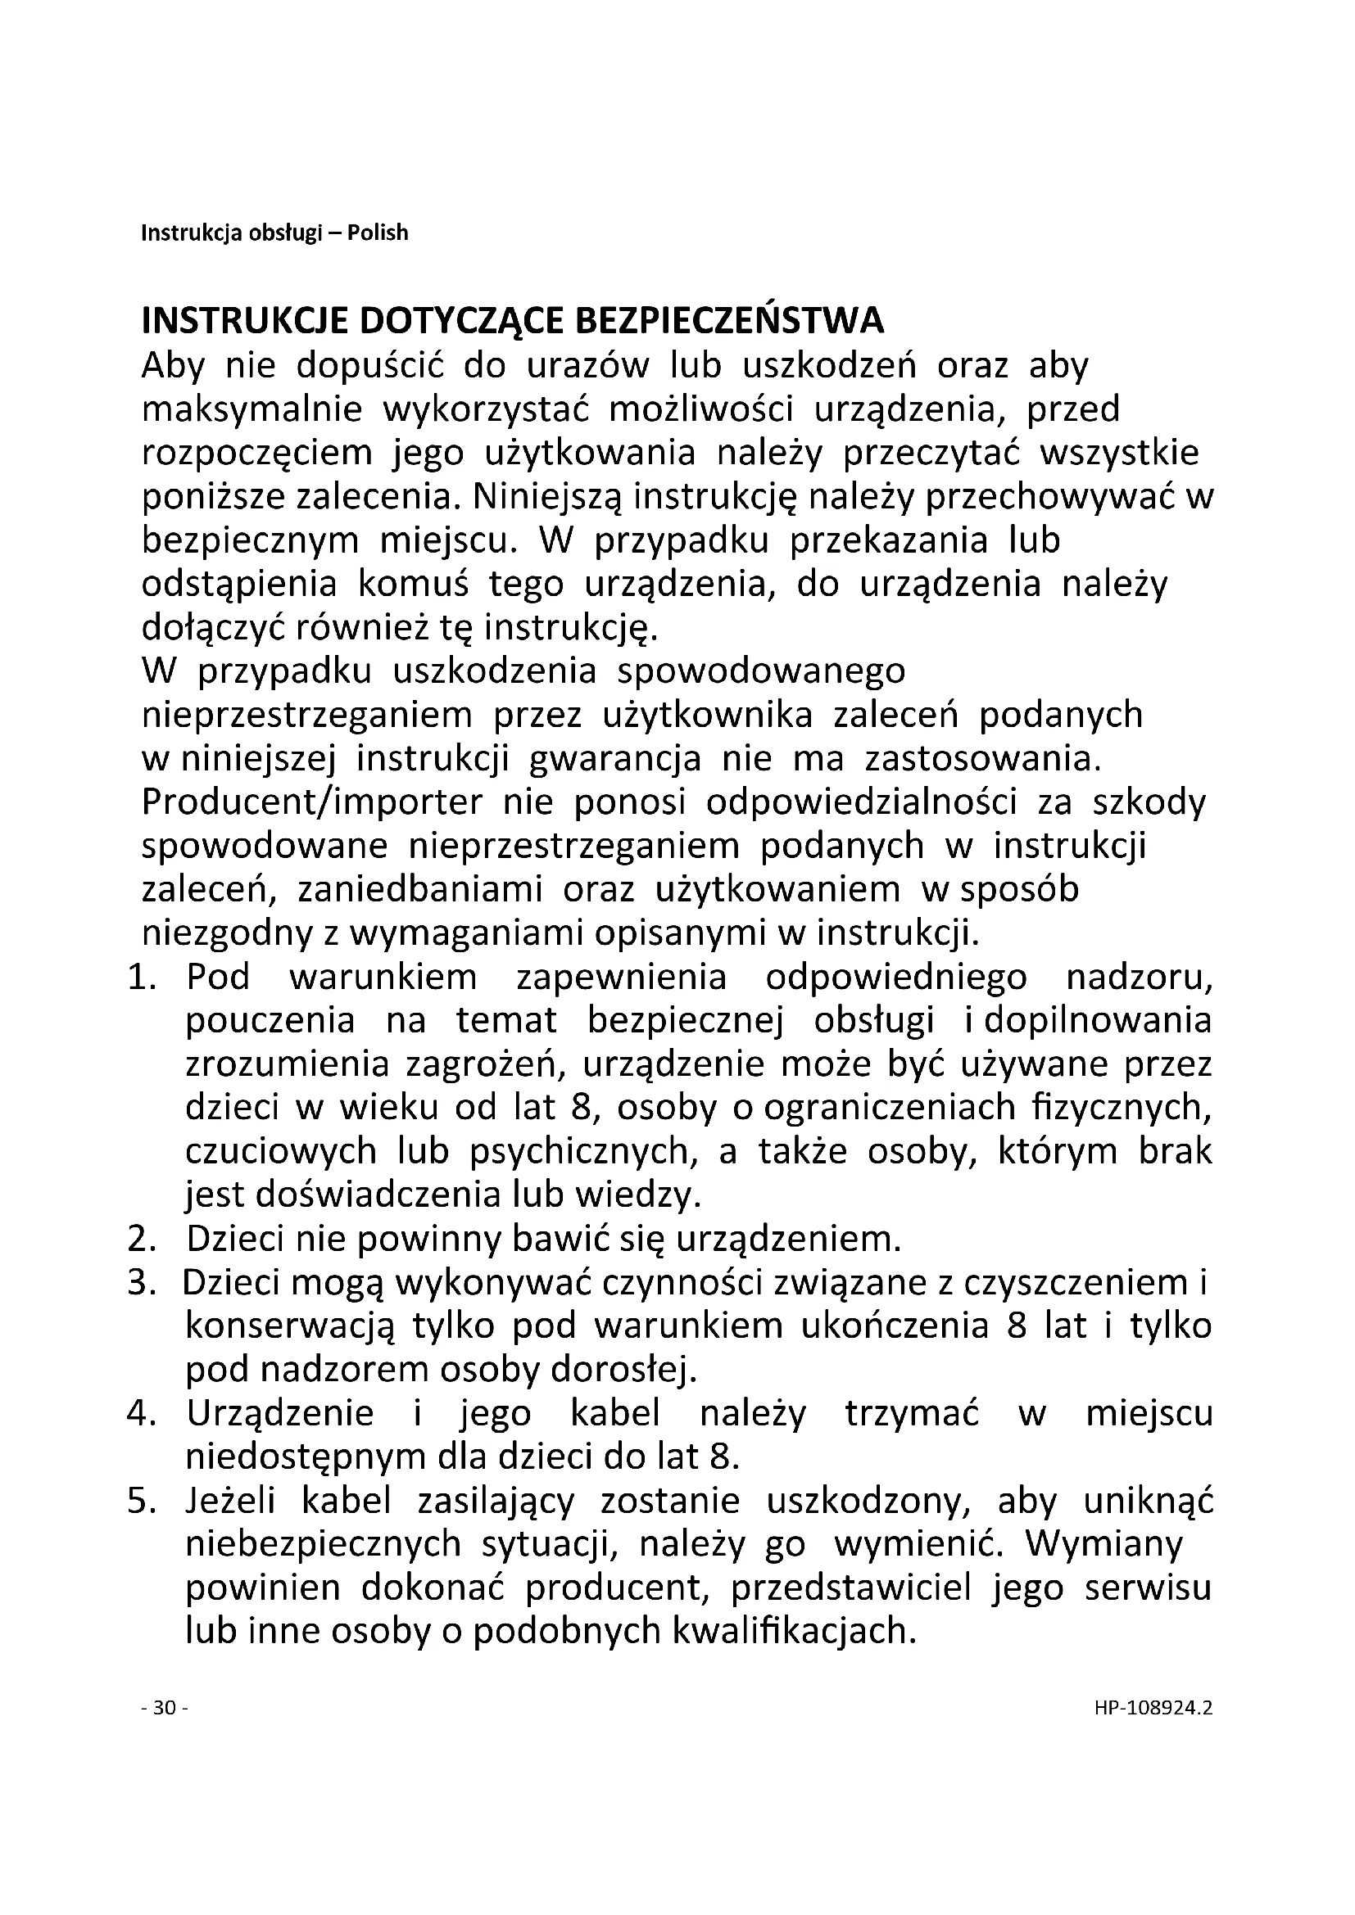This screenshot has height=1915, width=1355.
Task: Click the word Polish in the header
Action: click(377, 233)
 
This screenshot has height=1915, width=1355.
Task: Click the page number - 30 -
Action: click(165, 1707)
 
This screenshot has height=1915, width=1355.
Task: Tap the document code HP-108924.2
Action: click(1153, 1707)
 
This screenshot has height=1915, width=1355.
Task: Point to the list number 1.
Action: click(143, 978)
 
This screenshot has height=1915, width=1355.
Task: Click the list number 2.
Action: click(143, 1240)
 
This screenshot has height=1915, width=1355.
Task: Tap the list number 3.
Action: click(143, 1283)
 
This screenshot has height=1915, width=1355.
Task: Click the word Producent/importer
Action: click(312, 802)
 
